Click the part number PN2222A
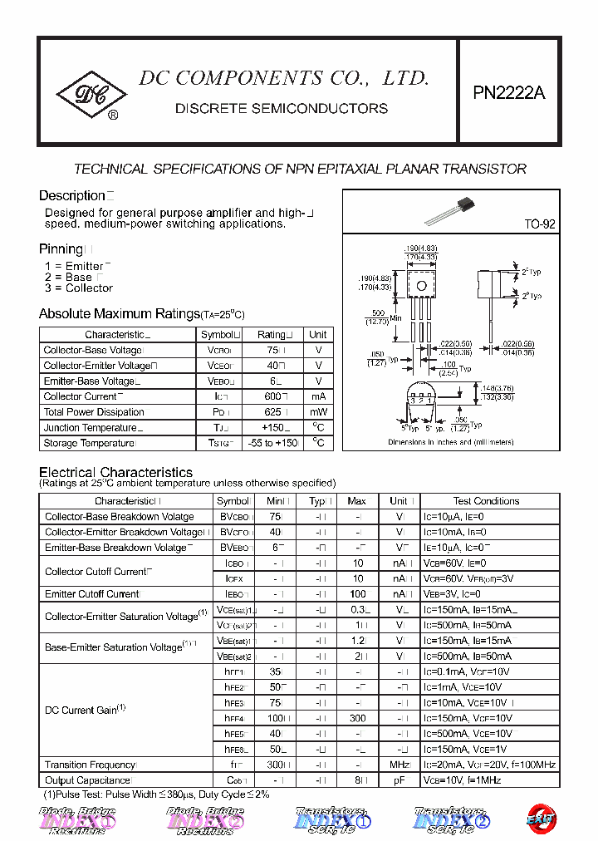pyautogui.click(x=509, y=94)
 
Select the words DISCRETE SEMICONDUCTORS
pyautogui.click(x=282, y=109)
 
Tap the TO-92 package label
pyautogui.click(x=540, y=224)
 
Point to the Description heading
pyautogui.click(x=71, y=196)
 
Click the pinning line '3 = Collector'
pyautogui.click(x=79, y=288)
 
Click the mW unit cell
pyautogui.click(x=318, y=412)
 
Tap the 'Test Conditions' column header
pyautogui.click(x=486, y=501)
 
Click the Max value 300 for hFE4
pyautogui.click(x=356, y=718)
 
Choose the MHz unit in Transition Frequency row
pyautogui.click(x=398, y=765)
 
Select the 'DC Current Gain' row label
pyautogui.click(x=85, y=711)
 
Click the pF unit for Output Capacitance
pyautogui.click(x=398, y=780)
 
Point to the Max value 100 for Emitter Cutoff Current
pyautogui.click(x=357, y=594)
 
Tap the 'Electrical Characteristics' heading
pyautogui.click(x=116, y=472)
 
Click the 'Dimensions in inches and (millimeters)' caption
pyautogui.click(x=451, y=443)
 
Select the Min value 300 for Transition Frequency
pyautogui.click(x=275, y=765)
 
